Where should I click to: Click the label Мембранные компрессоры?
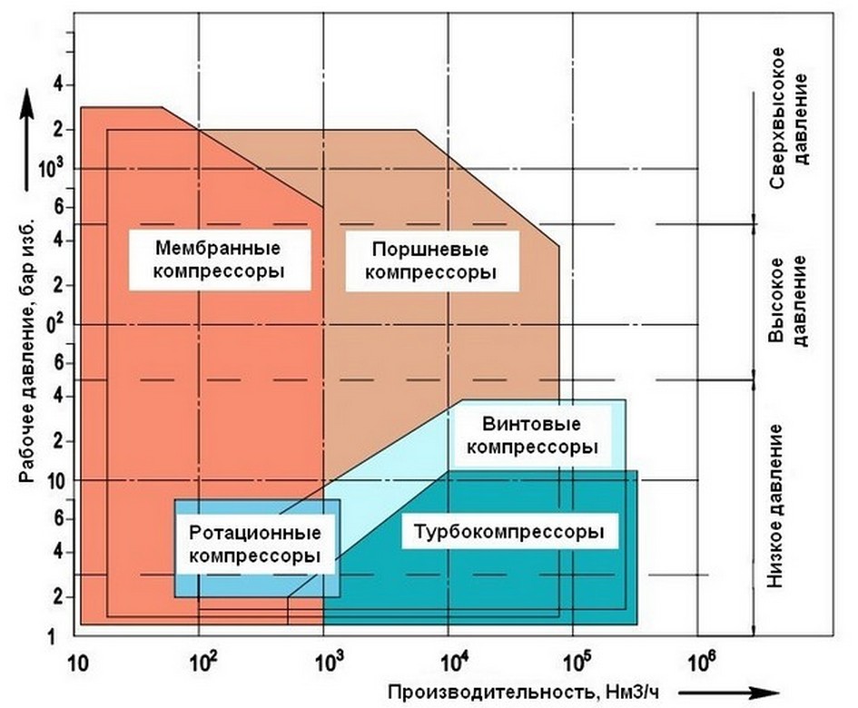pyautogui.click(x=217, y=259)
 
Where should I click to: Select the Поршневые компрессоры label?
pyautogui.click(x=433, y=261)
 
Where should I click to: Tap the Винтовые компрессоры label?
pyautogui.click(x=538, y=437)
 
